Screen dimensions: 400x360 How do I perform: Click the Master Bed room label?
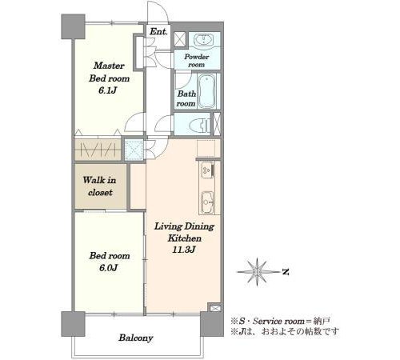[109, 72]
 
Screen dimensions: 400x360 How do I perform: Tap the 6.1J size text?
[108, 90]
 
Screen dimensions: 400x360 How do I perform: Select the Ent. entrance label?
[158, 31]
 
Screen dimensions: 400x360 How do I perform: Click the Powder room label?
[197, 61]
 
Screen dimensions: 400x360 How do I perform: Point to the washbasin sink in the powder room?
[204, 41]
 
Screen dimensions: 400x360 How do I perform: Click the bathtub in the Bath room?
[207, 90]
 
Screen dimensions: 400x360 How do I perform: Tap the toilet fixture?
[200, 124]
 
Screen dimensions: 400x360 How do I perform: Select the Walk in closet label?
[100, 186]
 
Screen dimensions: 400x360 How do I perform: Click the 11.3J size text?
[184, 250]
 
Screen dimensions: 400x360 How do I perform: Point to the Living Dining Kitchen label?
[184, 232]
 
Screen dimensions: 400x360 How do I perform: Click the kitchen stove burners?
[207, 170]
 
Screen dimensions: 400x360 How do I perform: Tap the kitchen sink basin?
[207, 202]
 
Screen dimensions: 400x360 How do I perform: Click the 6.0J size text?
[109, 268]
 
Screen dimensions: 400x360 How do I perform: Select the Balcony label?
[136, 338]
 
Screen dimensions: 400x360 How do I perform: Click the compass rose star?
[257, 272]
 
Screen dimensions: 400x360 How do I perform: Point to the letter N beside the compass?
[286, 272]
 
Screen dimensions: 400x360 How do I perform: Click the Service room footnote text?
[281, 321]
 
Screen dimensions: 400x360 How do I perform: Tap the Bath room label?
[186, 98]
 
